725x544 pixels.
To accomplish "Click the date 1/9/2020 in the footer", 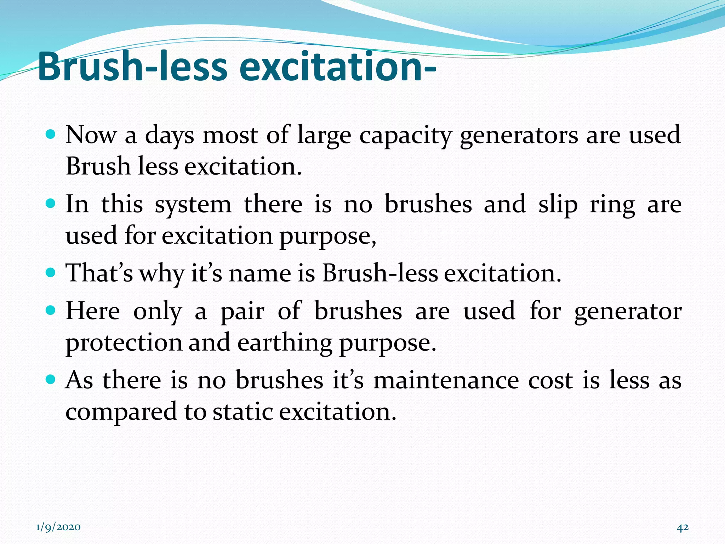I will pos(58,527).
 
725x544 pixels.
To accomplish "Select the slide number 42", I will pos(683,527).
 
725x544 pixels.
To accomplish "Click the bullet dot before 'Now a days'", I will pos(51,135).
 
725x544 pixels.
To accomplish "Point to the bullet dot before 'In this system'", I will pos(51,204).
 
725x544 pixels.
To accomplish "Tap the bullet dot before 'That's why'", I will pos(51,273).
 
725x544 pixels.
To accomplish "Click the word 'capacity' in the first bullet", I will pos(406,136).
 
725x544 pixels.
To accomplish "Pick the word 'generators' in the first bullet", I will pos(519,136).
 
